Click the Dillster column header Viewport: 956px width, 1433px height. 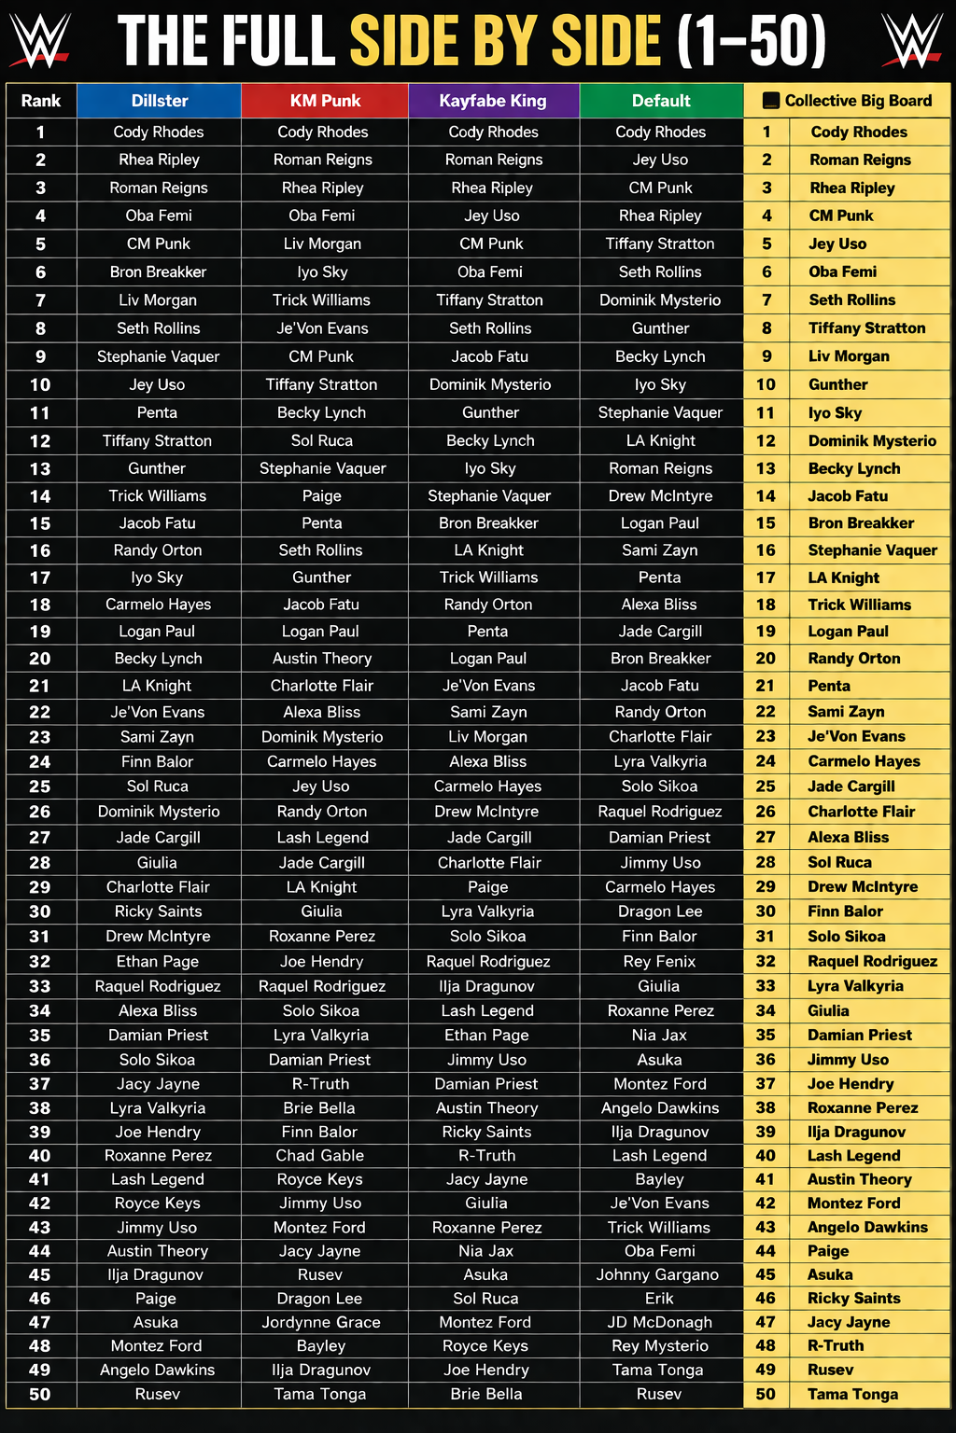pos(160,101)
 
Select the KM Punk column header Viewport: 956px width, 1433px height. pos(325,101)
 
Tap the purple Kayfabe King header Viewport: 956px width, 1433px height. pos(493,101)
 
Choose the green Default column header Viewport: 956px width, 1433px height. pos(661,101)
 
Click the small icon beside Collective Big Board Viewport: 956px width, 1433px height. pos(771,101)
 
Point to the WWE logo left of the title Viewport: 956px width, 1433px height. pos(39,41)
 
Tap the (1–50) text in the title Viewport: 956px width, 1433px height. pos(752,41)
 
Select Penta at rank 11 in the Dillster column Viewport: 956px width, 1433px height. pos(157,412)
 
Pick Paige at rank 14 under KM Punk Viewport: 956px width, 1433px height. pos(321,496)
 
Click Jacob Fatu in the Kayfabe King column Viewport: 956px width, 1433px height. pos(490,356)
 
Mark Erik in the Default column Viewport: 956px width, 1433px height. pos(659,1299)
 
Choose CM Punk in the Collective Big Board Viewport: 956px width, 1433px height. pos(841,216)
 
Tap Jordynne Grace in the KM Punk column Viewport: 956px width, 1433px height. pos(321,1322)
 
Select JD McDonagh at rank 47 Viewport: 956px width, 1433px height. pos(659,1322)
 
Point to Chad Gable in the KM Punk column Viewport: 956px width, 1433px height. pos(320,1155)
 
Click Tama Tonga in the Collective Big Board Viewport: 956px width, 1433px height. pos(852,1394)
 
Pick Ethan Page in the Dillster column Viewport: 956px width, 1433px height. pos(157,961)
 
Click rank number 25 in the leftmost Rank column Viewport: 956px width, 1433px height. pos(40,786)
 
